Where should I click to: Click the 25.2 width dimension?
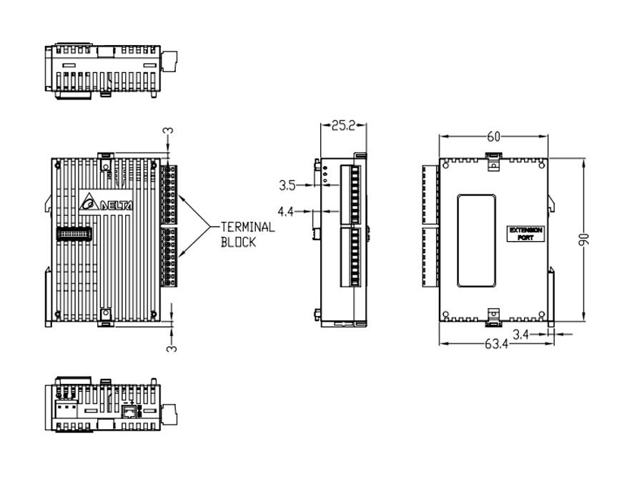click(343, 126)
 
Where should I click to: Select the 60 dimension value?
click(493, 137)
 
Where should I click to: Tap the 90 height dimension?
click(585, 239)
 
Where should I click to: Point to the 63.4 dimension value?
click(496, 344)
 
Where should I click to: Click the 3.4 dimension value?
click(520, 334)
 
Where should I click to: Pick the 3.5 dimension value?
click(287, 185)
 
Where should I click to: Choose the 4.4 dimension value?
click(285, 212)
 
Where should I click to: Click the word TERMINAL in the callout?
click(248, 227)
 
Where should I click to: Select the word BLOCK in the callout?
click(238, 242)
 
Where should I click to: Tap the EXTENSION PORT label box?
click(525, 234)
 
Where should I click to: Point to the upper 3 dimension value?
click(170, 131)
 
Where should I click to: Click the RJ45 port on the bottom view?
click(129, 411)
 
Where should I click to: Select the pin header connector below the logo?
click(74, 234)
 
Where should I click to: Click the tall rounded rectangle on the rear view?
click(477, 241)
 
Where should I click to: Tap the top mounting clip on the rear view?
click(493, 161)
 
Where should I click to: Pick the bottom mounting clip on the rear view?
click(493, 318)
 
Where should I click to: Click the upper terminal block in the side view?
click(351, 195)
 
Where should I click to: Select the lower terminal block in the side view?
click(351, 257)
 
